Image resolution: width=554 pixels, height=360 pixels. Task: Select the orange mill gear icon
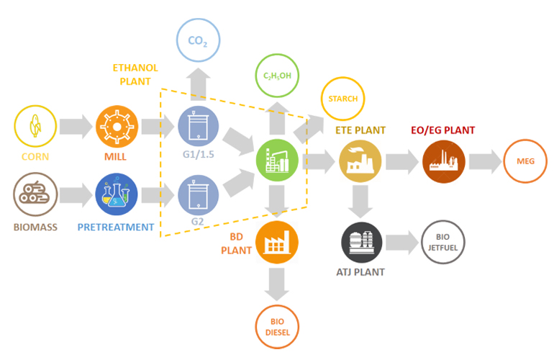click(116, 127)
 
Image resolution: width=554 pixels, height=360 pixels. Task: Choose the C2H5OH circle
click(277, 75)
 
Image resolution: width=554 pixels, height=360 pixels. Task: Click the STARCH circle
click(342, 99)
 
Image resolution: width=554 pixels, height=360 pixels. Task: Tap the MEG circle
click(526, 161)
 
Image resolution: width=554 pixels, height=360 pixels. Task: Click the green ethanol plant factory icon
click(278, 161)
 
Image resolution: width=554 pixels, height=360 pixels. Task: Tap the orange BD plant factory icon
click(277, 240)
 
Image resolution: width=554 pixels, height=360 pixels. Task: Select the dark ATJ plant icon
click(360, 242)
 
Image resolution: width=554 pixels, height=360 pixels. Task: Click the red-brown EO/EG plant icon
click(443, 161)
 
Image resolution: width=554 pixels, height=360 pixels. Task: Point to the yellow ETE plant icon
click(360, 161)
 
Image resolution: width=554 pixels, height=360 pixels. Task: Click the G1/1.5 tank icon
click(197, 127)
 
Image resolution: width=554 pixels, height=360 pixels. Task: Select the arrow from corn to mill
click(76, 127)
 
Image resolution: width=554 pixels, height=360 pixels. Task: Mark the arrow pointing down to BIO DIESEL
click(277, 285)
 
